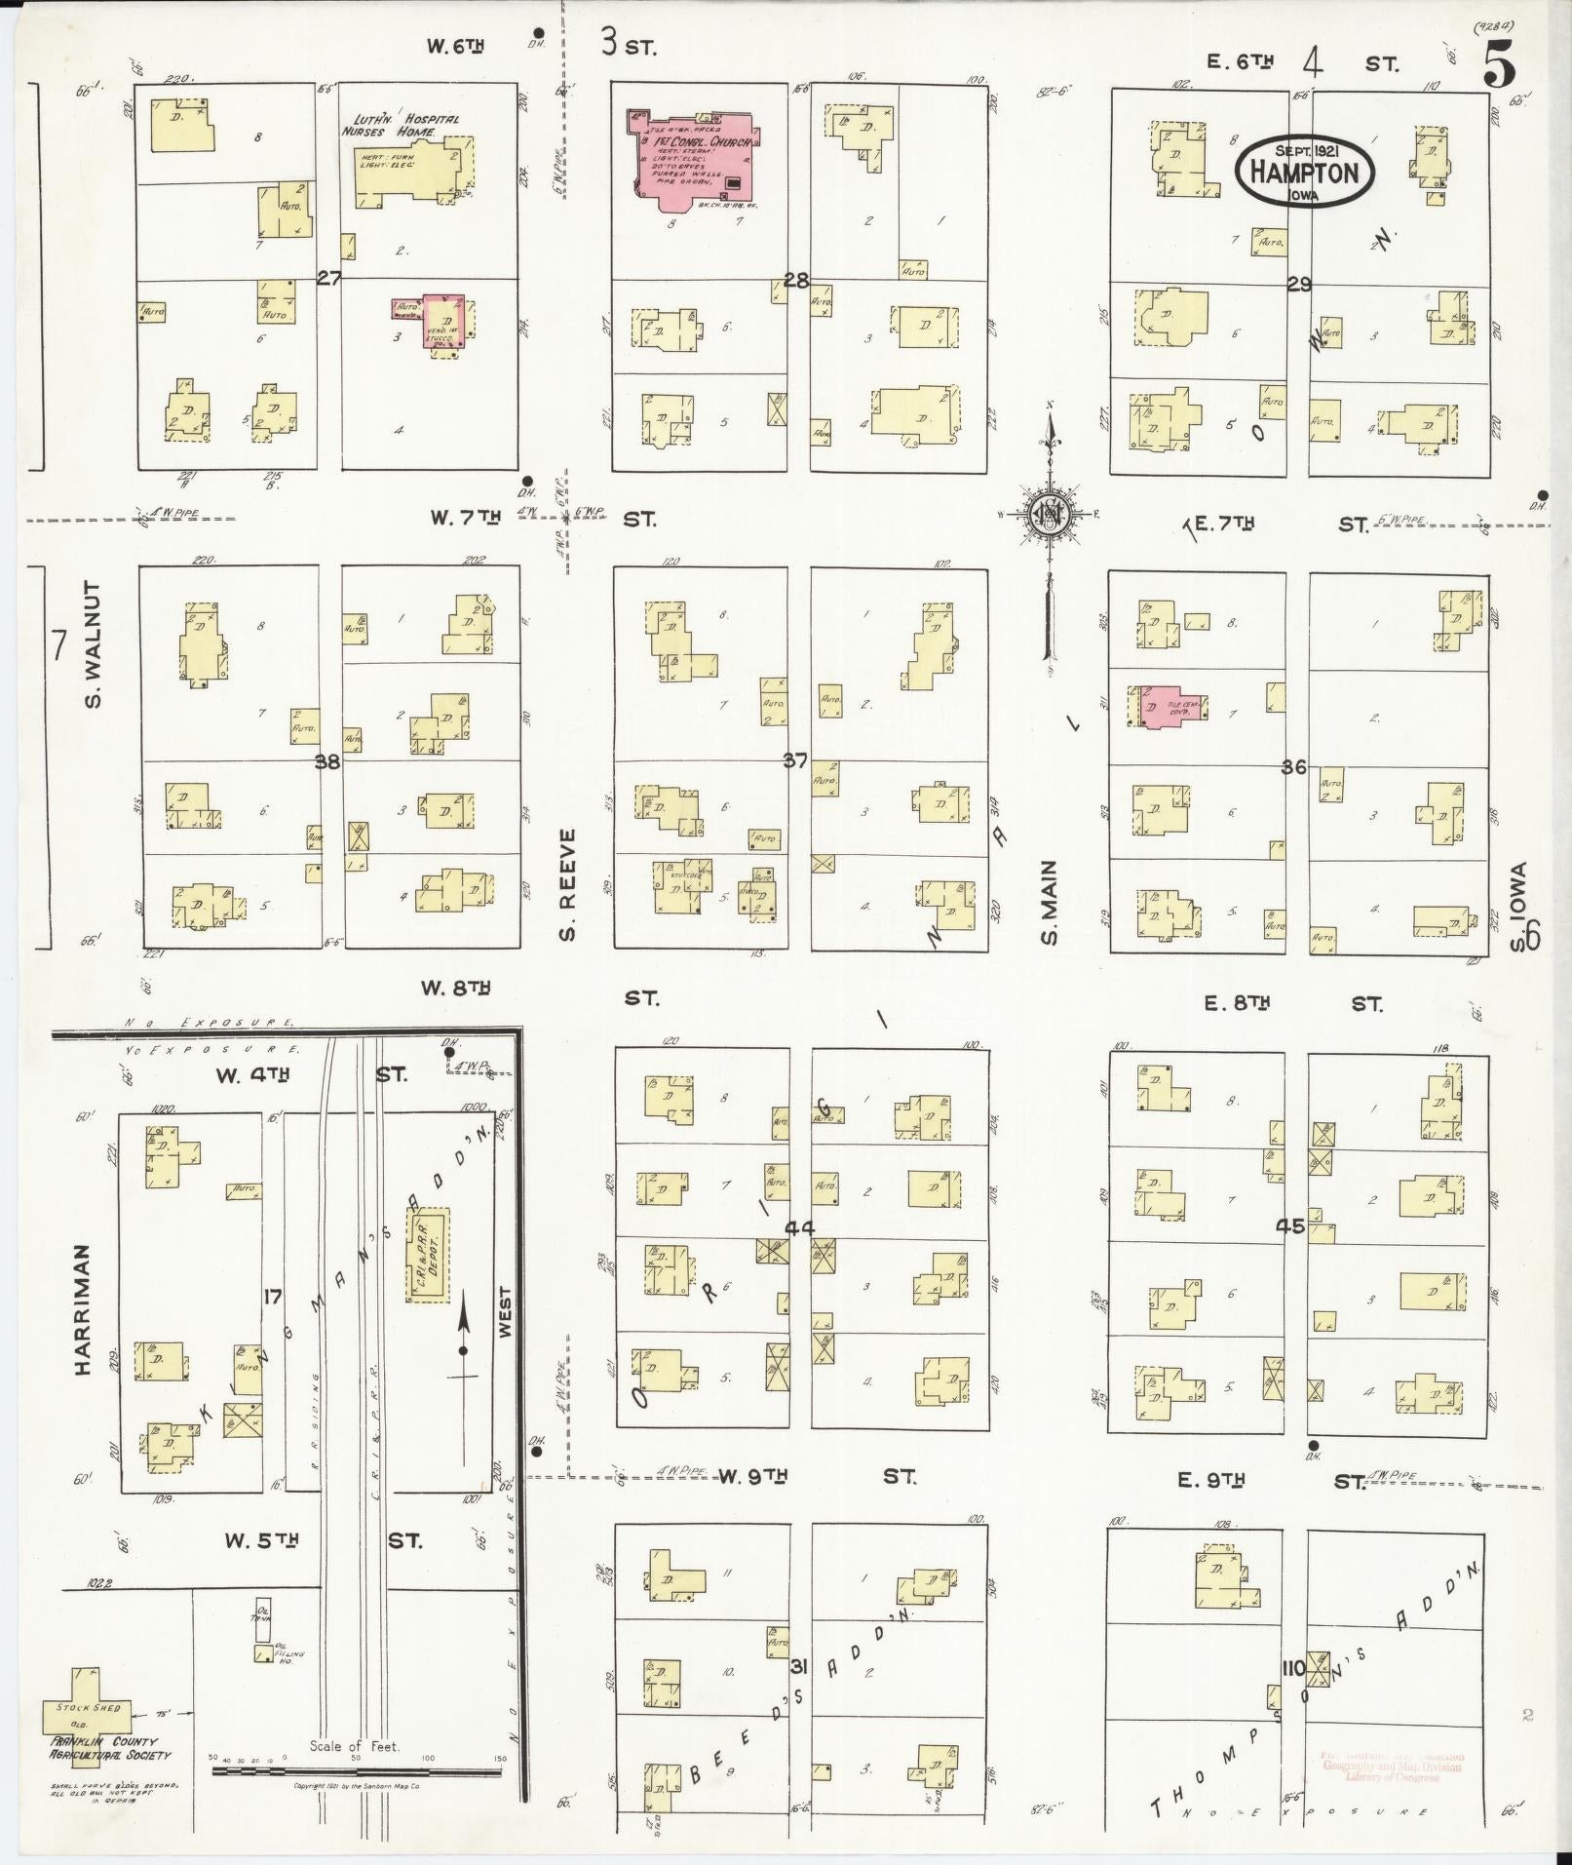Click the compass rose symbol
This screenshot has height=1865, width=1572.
tap(1051, 515)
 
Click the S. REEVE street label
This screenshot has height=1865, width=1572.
tap(569, 885)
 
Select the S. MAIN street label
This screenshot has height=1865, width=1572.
tap(1050, 902)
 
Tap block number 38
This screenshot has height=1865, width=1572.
tap(327, 762)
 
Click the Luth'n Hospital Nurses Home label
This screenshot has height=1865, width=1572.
tap(401, 125)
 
